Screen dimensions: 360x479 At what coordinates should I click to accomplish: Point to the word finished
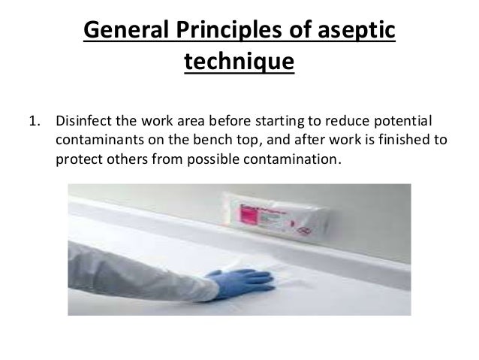click(399, 141)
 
